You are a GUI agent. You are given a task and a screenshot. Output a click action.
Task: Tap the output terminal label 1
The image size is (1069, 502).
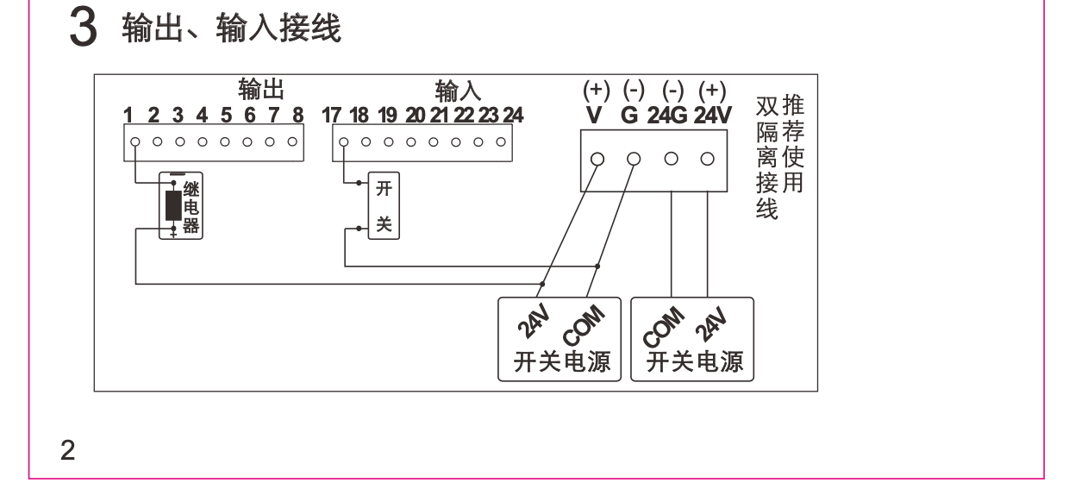tap(127, 115)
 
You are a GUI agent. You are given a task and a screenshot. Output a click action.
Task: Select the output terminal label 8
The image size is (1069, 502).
tap(298, 115)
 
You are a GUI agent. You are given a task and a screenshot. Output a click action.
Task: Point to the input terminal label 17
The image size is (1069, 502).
tap(332, 115)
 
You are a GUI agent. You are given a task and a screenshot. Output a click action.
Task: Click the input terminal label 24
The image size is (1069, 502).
tap(513, 115)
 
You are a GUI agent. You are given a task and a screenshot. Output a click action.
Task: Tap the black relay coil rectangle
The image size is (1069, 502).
tap(173, 206)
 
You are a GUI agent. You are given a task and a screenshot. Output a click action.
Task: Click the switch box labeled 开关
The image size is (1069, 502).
tap(384, 206)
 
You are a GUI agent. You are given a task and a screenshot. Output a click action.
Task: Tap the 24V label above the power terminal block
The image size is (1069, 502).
tap(712, 115)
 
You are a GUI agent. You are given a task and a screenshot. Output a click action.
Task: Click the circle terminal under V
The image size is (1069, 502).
tap(597, 160)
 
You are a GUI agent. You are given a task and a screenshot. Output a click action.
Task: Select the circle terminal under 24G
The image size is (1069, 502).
tap(671, 160)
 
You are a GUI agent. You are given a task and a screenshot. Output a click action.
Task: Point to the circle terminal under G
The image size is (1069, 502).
tap(634, 160)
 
